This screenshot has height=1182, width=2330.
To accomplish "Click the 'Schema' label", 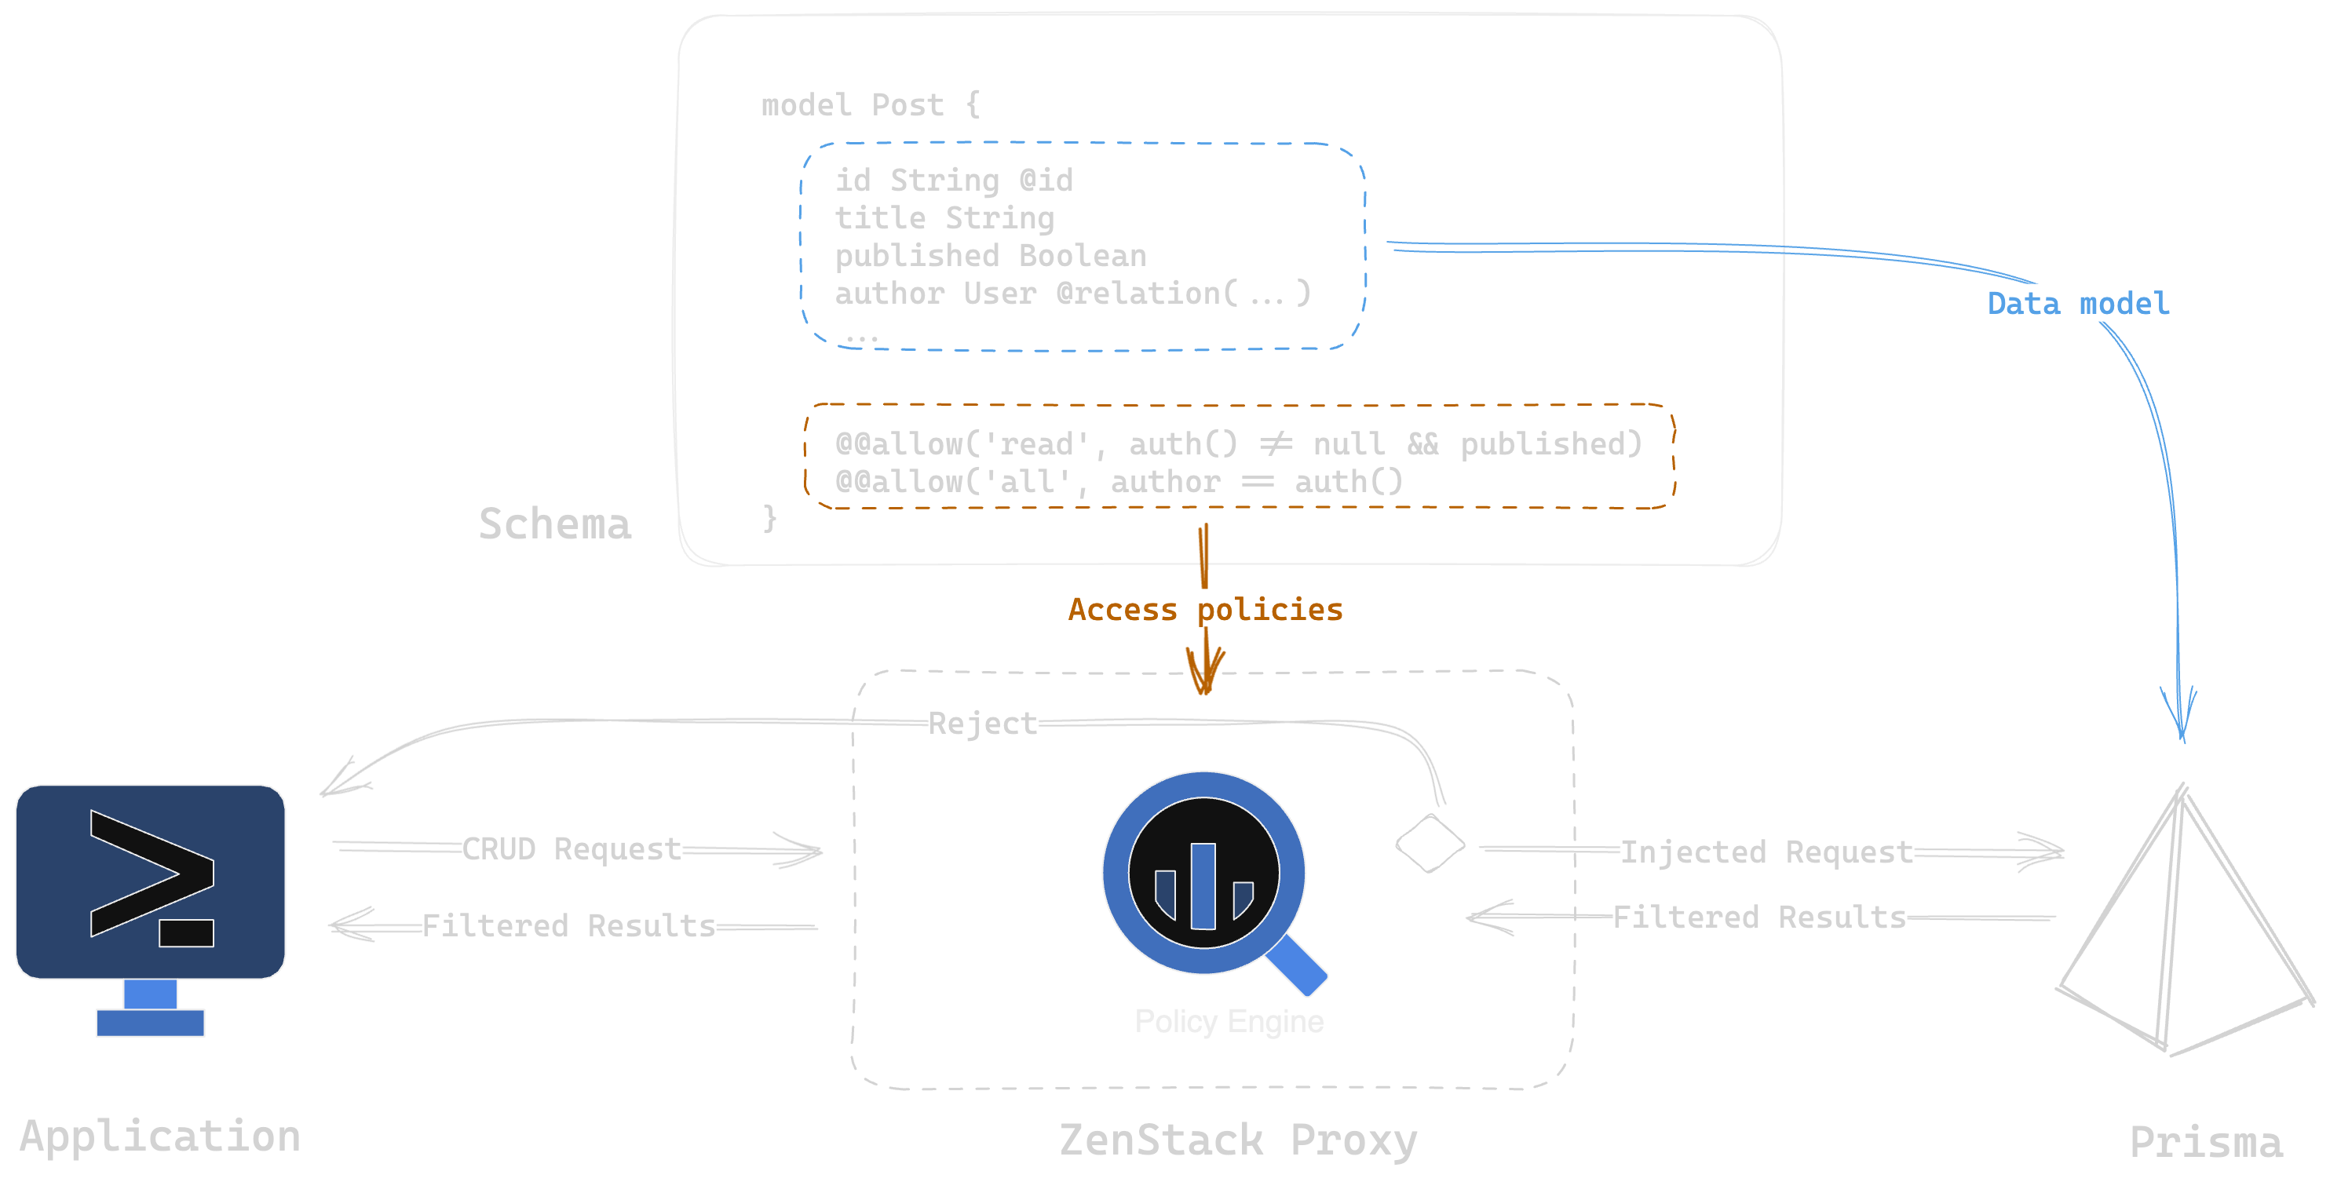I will point(554,524).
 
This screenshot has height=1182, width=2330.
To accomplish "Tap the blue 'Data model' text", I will point(2078,304).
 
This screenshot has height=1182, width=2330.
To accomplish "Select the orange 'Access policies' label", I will point(1205,610).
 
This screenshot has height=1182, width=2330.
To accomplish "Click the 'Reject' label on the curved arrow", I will point(982,724).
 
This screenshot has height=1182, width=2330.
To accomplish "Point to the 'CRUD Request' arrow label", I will point(572,849).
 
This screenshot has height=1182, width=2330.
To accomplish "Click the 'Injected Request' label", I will point(1766,852).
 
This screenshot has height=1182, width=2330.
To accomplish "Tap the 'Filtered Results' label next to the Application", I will point(568,926).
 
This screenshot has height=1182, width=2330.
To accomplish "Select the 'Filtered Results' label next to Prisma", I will point(1759,917).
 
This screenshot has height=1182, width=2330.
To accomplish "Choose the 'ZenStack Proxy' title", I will point(1238,1140).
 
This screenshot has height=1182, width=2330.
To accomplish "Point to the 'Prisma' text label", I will point(2205,1142).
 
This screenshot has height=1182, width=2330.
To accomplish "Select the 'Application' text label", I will point(160,1136).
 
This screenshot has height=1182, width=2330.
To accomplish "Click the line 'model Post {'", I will point(870,106).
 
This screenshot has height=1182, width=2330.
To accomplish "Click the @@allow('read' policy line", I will point(1237,444).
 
